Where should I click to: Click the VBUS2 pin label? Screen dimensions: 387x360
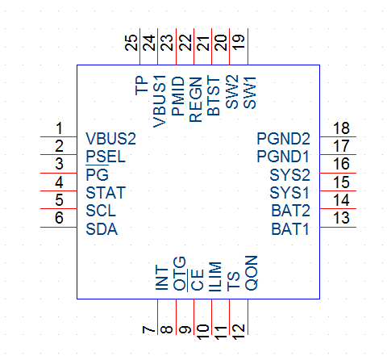coord(110,139)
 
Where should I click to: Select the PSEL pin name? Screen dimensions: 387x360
coord(106,157)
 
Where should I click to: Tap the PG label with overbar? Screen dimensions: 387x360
coord(97,174)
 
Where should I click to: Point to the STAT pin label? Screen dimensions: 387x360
coord(106,193)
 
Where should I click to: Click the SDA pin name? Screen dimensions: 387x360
coord(102,229)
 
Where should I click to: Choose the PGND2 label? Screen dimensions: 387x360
coord(284,139)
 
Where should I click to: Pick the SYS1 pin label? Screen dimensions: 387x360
coord(289,193)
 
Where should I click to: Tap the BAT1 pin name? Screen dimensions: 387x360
coord(290,229)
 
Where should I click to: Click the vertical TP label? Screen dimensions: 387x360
coord(141,86)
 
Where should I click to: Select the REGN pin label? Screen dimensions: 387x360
coord(195,99)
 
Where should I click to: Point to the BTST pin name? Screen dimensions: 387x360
coord(214,96)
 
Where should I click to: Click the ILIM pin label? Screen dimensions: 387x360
coord(215,277)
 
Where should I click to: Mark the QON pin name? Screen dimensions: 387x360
coord(252,273)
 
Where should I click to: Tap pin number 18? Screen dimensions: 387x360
coord(341,128)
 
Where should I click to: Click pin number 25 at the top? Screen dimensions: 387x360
coord(131,43)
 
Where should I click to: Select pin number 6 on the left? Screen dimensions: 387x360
coord(59,218)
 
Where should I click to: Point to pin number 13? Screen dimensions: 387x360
coord(341,218)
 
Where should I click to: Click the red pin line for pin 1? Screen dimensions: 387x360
coord(59,136)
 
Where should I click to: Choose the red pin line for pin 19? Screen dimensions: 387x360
coord(248,47)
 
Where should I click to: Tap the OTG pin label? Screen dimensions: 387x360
coord(179,274)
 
